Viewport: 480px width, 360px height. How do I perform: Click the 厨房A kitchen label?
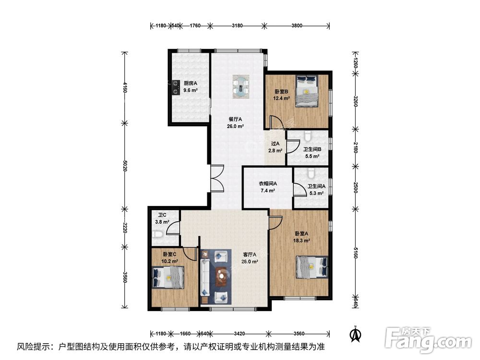190,83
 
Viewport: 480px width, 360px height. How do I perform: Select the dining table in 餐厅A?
241,86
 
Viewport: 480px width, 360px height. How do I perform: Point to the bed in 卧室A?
312,267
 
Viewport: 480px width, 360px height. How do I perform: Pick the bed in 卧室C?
168,277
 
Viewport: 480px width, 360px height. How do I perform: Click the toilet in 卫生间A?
311,173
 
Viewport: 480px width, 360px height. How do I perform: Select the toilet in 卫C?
158,235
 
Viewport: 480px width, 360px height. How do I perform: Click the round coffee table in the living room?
221,276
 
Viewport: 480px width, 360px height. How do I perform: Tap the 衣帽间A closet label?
268,184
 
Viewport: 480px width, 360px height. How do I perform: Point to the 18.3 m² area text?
301,240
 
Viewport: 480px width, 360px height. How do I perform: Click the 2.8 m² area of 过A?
275,151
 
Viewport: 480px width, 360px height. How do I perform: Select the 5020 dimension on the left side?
125,166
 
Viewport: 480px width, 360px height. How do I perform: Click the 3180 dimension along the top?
237,26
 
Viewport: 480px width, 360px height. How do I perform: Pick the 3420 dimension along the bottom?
239,334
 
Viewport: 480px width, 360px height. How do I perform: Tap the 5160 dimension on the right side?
355,253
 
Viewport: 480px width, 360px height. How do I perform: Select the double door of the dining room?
217,179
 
